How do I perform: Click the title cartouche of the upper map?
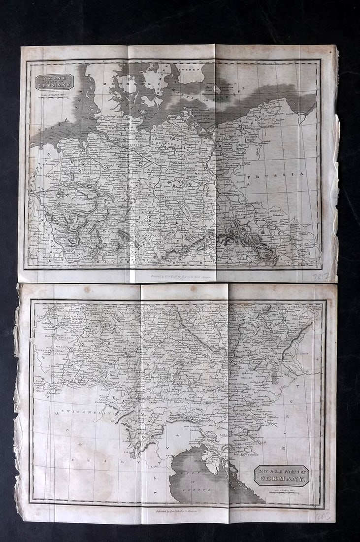tap(54, 82)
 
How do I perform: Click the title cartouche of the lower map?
tap(281, 475)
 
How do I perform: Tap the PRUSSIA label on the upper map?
tap(276, 174)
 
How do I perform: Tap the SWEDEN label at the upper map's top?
tap(192, 70)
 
